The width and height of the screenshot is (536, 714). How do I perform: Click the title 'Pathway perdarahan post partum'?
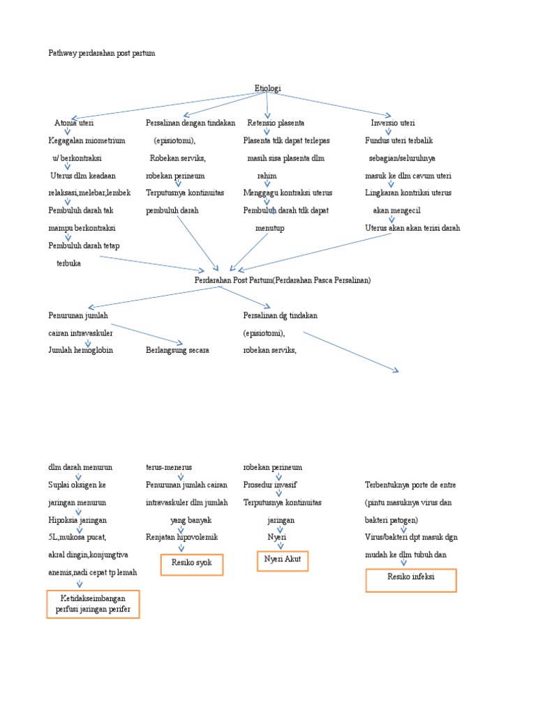pyautogui.click(x=101, y=53)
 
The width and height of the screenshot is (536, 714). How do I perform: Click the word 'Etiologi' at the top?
pyautogui.click(x=268, y=89)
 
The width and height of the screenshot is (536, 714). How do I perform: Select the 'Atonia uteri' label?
pyautogui.click(x=74, y=123)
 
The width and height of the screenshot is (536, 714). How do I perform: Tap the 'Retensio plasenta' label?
pyautogui.click(x=276, y=123)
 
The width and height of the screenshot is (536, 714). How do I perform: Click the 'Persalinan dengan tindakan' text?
pyautogui.click(x=190, y=123)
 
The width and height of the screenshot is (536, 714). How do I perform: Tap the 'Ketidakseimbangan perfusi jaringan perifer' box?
pyautogui.click(x=93, y=604)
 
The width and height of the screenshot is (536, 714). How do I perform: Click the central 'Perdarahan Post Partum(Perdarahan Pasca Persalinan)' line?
pyautogui.click(x=283, y=280)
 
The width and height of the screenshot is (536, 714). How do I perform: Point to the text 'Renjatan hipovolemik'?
pyautogui.click(x=181, y=537)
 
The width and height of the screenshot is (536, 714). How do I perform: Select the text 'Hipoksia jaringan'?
pyautogui.click(x=77, y=520)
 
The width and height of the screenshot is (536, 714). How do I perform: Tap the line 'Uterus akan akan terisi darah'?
pyautogui.click(x=412, y=228)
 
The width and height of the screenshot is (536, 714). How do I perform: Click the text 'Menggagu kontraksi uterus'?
pyautogui.click(x=288, y=192)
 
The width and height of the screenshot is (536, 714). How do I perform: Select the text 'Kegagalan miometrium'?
pyautogui.click(x=87, y=140)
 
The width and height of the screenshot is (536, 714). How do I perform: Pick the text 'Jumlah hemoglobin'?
pyautogui.click(x=80, y=350)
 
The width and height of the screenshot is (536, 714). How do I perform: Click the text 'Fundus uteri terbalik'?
pyautogui.click(x=399, y=140)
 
